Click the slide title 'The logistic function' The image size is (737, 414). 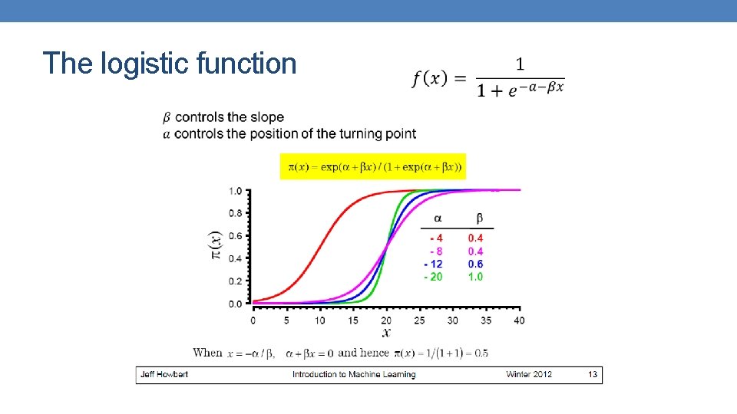pyautogui.click(x=170, y=63)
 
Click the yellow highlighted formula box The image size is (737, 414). pyautogui.click(x=373, y=166)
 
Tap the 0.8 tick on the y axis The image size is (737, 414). pyautogui.click(x=236, y=213)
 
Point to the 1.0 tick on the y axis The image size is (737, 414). pyautogui.click(x=236, y=191)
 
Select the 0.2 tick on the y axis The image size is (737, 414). pyautogui.click(x=236, y=281)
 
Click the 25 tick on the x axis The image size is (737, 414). pyautogui.click(x=419, y=320)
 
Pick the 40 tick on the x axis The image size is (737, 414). pyautogui.click(x=519, y=320)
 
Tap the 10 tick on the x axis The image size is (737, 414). pyautogui.click(x=319, y=320)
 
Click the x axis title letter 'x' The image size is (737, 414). pyautogui.click(x=386, y=332)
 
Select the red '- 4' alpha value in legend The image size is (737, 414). pyautogui.click(x=435, y=238)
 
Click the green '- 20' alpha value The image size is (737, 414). pyautogui.click(x=433, y=277)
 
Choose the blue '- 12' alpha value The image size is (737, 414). pyautogui.click(x=433, y=264)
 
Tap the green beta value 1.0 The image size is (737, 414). pyautogui.click(x=475, y=277)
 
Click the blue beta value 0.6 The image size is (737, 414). pyautogui.click(x=475, y=264)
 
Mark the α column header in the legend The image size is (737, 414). pyautogui.click(x=438, y=219)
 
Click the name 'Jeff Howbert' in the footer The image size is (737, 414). pyautogui.click(x=164, y=374)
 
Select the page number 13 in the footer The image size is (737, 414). pyautogui.click(x=592, y=374)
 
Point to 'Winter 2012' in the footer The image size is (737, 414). pyautogui.click(x=529, y=374)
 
